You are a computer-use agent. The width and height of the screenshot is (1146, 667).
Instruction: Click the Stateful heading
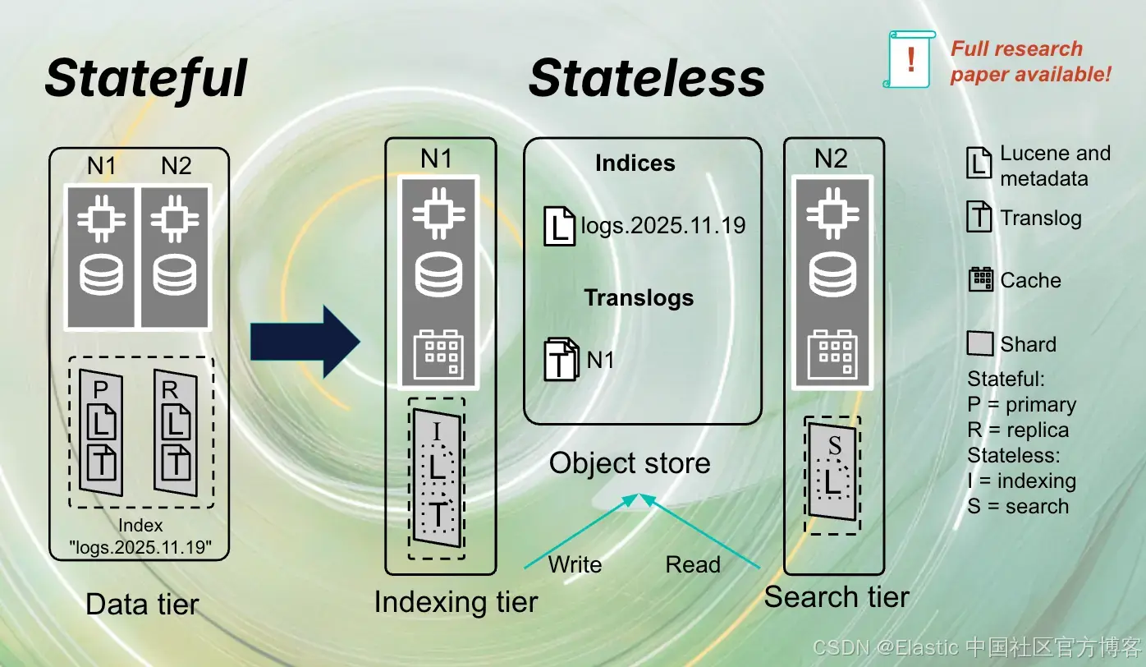pos(146,78)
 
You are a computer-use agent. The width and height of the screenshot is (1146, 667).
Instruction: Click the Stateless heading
pos(647,78)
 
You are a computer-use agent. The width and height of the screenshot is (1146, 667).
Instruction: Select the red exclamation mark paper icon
pos(910,59)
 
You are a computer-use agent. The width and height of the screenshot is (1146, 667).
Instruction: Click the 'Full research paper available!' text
pos(1030,61)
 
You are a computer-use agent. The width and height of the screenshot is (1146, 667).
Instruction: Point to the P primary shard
pos(102,431)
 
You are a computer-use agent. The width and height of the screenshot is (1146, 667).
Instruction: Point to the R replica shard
pos(176,431)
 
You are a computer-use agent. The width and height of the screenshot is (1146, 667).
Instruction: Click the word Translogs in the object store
pos(639,297)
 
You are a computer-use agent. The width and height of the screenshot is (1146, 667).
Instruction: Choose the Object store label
pos(630,463)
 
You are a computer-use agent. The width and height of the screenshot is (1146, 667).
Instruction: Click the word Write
pos(575,565)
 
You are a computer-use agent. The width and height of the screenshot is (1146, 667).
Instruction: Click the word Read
pos(693,565)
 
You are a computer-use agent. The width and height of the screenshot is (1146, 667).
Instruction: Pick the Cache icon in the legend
pos(981,280)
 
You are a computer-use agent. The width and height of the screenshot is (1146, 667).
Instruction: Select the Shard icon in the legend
pos(980,344)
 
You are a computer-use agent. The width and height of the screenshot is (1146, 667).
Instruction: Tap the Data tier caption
pos(142,605)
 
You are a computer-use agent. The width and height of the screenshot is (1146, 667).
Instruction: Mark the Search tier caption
pos(837,597)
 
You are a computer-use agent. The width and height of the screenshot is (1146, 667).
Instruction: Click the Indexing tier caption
pos(456,602)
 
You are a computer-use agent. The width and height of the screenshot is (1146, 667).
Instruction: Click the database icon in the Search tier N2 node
pos(833,276)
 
